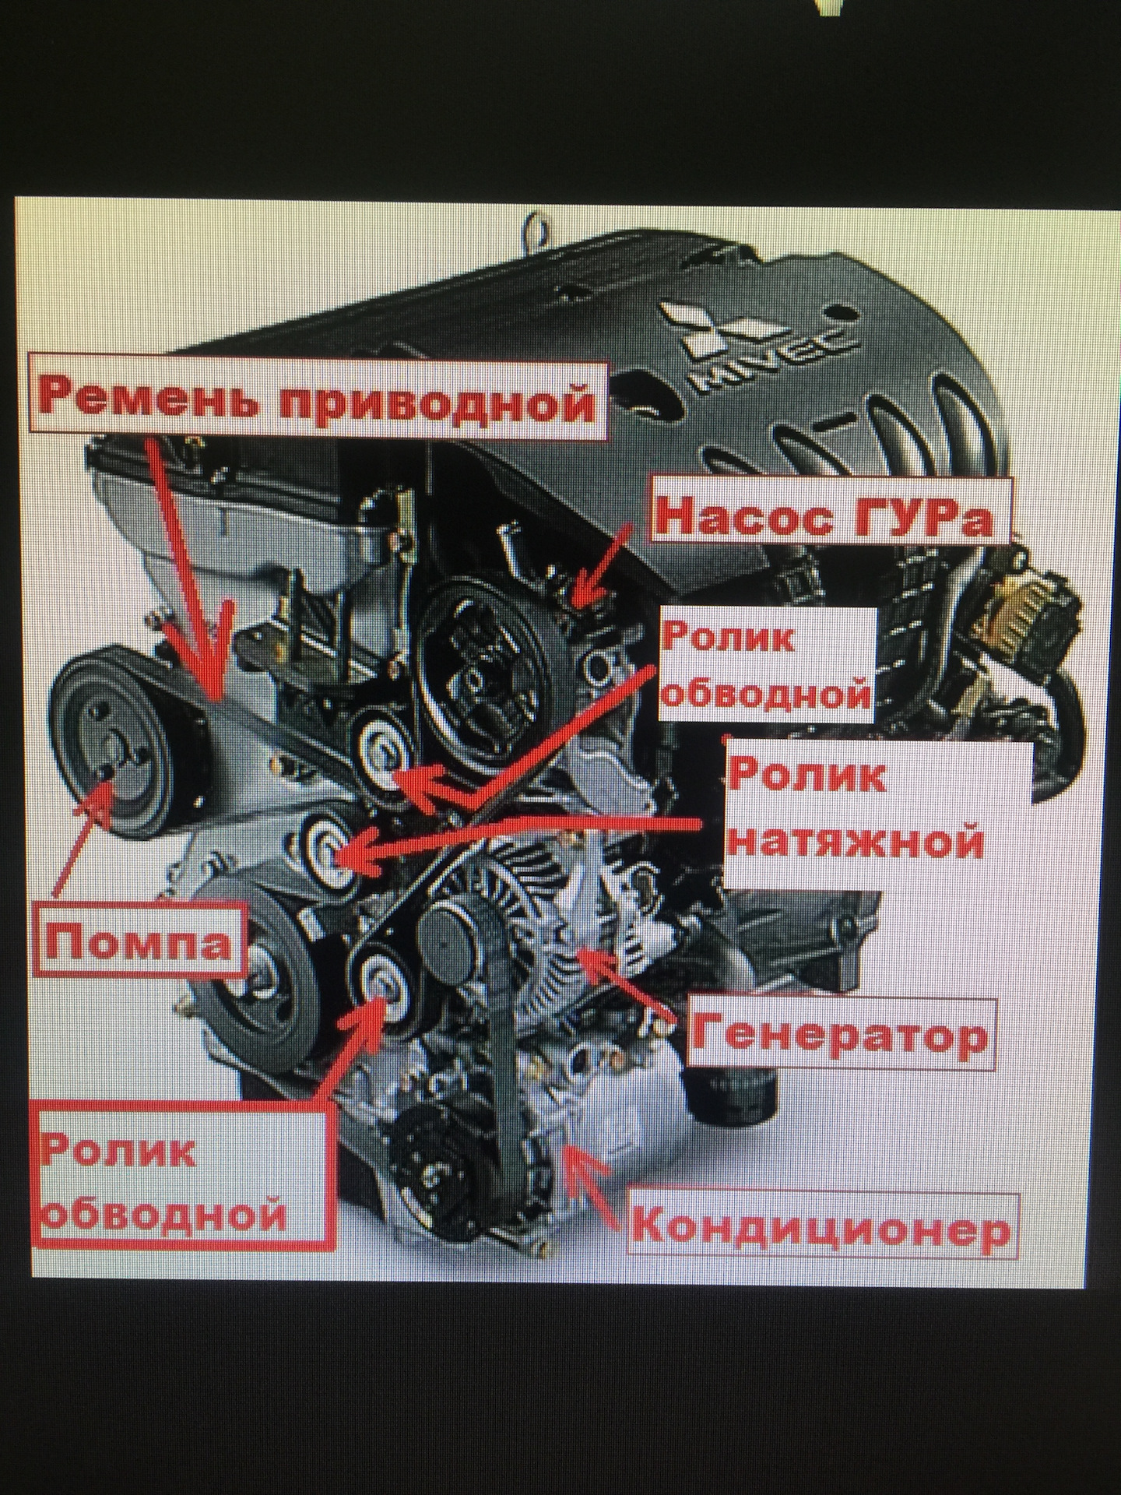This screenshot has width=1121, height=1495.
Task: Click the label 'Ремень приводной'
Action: point(319,398)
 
